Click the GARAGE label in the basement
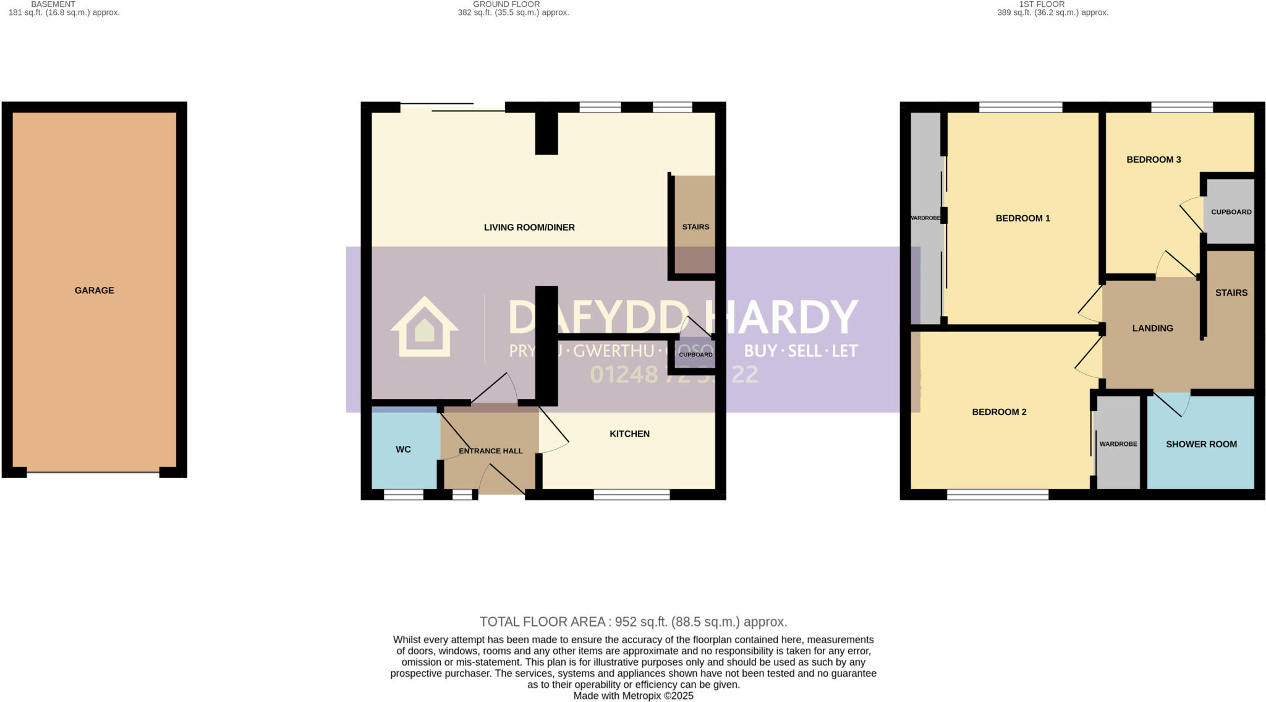tap(94, 290)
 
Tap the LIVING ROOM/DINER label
tap(529, 227)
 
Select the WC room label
tap(403, 449)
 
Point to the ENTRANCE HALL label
tap(491, 451)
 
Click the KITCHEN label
tap(629, 434)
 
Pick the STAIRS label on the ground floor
tap(695, 226)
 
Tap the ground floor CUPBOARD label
tap(695, 354)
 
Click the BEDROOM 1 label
tap(1022, 218)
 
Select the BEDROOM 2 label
tap(999, 411)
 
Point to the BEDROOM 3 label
tap(1153, 159)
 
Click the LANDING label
tap(1152, 328)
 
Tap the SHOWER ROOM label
tap(1201, 443)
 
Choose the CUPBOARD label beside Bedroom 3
tap(1231, 212)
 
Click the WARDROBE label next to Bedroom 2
tap(1118, 443)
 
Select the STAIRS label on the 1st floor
tap(1231, 292)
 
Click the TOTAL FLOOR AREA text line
tap(633, 622)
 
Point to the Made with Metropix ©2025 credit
tap(633, 696)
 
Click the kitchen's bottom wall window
tap(631, 494)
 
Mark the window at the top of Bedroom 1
tap(1021, 107)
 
